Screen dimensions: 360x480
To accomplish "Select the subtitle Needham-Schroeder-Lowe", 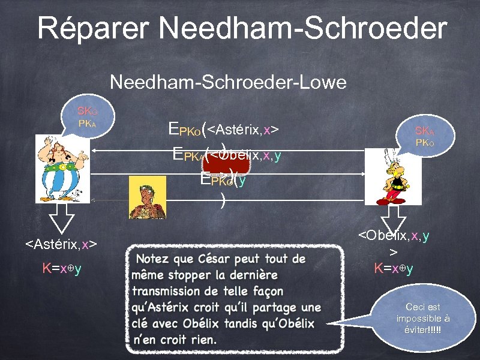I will [x=228, y=82].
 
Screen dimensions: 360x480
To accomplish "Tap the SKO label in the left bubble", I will [x=86, y=112].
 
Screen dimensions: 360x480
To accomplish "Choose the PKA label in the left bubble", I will [x=88, y=124].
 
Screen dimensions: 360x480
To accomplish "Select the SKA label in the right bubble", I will [x=424, y=131].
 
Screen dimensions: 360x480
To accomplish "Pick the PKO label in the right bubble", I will [x=424, y=144].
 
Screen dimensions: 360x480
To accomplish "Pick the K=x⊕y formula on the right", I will [x=394, y=268].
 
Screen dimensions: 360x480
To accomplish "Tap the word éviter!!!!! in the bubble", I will [x=422, y=330].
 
